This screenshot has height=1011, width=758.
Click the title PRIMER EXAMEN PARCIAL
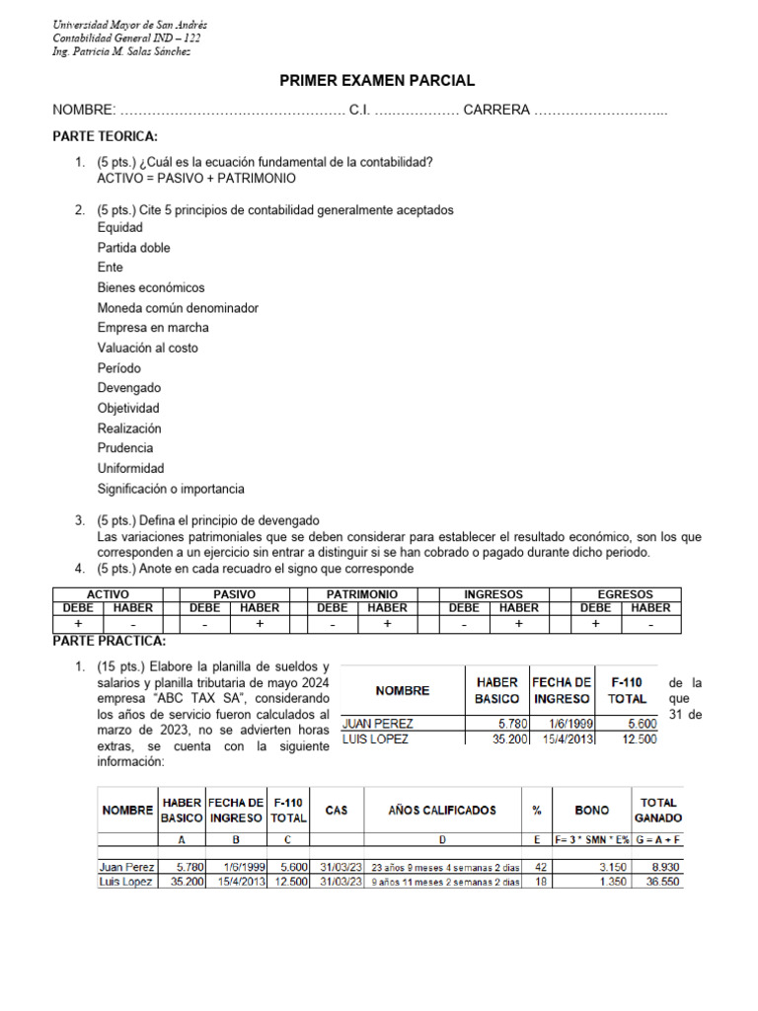tap(379, 81)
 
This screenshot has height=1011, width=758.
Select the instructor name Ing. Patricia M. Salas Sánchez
tap(121, 51)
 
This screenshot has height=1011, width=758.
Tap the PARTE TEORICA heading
tap(105, 136)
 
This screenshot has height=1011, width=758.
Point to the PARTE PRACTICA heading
tap(109, 642)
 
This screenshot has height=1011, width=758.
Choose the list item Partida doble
tap(133, 248)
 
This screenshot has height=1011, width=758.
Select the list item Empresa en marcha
tap(153, 328)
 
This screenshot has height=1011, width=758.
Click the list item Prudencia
tap(125, 448)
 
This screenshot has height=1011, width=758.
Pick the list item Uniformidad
tap(130, 468)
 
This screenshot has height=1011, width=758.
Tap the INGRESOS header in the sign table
tap(493, 594)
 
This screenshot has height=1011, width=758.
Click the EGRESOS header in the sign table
tap(625, 594)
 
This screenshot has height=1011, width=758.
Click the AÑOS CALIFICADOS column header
tap(428, 811)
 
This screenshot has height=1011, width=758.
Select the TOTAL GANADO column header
tap(657, 811)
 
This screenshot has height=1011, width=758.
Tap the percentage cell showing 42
tap(540, 867)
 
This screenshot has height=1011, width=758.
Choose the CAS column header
tap(336, 811)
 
